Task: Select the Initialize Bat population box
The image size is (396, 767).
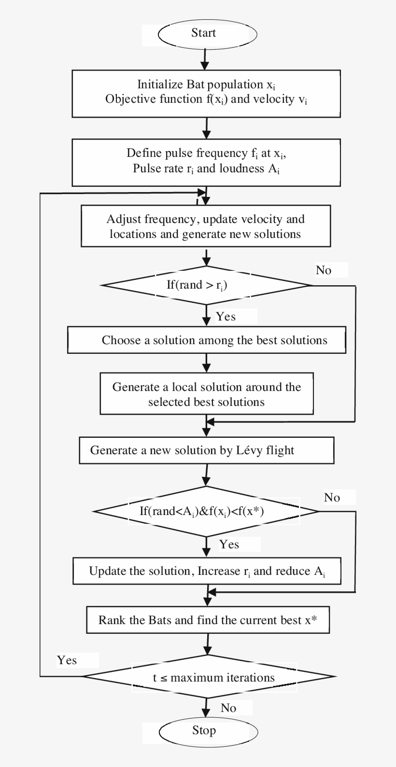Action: coord(206,93)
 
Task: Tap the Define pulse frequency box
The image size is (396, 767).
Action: coord(206,162)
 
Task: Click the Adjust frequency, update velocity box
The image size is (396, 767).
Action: coord(206,226)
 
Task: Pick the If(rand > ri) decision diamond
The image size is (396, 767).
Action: coord(207,285)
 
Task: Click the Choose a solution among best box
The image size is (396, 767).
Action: coord(207,340)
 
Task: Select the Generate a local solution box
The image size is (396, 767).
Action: coord(207,394)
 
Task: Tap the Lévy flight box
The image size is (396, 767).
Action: coord(207,451)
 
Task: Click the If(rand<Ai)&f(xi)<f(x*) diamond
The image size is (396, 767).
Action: coord(207,511)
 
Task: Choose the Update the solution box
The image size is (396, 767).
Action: coord(207,572)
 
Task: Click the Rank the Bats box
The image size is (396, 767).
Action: coord(208,620)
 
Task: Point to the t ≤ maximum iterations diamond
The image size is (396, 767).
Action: coord(208,677)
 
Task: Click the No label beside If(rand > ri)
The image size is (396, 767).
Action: coord(324,270)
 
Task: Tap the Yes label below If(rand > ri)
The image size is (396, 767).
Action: coord(226,317)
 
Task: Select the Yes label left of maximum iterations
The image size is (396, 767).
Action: coord(67,660)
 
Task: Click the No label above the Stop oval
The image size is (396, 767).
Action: coord(228,708)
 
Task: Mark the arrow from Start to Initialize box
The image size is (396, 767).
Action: coord(205,58)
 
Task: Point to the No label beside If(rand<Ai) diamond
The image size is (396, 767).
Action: coord(332,497)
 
